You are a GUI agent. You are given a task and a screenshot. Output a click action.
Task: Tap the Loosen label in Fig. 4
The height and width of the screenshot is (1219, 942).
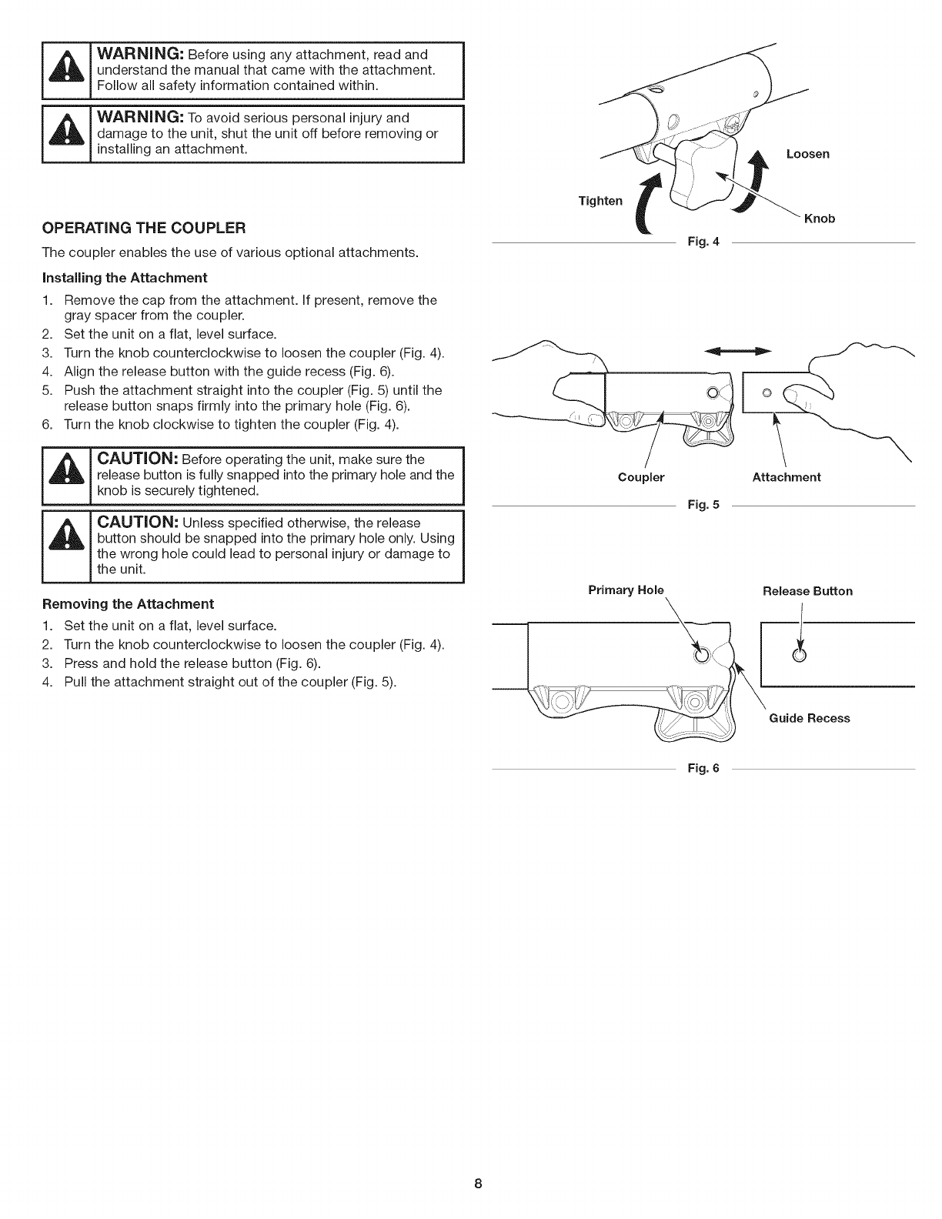click(807, 154)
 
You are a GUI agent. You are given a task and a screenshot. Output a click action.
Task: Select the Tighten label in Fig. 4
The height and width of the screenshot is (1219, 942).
click(600, 201)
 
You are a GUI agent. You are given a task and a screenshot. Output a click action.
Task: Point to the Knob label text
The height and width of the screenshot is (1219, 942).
click(819, 219)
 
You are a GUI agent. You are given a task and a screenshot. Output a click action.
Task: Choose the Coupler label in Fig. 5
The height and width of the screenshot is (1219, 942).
click(641, 477)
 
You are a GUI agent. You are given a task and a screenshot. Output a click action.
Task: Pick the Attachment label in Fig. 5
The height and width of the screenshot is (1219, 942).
click(786, 477)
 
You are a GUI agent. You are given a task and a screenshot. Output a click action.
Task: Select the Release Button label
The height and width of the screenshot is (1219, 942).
click(807, 591)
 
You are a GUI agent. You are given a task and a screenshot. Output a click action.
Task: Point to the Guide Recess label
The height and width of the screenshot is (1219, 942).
click(810, 718)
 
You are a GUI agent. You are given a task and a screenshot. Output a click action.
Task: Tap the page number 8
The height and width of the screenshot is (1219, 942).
click(478, 1184)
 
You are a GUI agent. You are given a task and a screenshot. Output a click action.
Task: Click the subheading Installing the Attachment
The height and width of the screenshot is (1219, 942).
click(125, 277)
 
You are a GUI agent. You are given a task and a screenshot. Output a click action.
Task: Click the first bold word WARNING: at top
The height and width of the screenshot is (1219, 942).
click(139, 55)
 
